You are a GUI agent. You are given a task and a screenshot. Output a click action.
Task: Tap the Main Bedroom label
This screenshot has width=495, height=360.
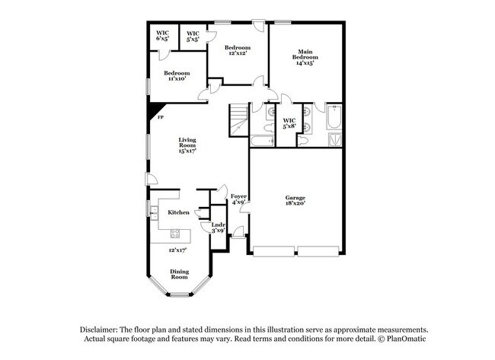[306, 57]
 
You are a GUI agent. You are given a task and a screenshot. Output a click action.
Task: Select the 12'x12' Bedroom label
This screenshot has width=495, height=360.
[237, 51]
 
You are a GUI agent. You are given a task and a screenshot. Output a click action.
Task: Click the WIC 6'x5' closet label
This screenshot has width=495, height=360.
[162, 35]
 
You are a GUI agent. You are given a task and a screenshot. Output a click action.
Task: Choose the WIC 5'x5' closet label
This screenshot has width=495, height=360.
[193, 35]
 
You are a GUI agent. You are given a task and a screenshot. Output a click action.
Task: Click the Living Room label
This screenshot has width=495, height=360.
[188, 145]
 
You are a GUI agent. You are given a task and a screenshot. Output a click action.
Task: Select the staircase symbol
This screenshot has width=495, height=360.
[238, 120]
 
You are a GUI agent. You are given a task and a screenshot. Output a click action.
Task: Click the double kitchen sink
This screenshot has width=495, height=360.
[153, 212]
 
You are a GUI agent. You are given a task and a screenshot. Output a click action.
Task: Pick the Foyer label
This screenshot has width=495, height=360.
[238, 199]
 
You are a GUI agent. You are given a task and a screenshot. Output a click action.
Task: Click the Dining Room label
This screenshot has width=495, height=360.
[179, 274]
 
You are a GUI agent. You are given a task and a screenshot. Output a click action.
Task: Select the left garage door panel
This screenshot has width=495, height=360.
[273, 251]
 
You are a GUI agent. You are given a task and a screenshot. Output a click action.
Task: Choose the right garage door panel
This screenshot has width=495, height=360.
[319, 251]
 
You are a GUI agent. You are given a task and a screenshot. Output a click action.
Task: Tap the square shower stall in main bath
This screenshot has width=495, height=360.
[334, 139]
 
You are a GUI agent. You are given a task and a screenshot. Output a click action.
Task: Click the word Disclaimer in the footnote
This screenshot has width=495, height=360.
[101, 329]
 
